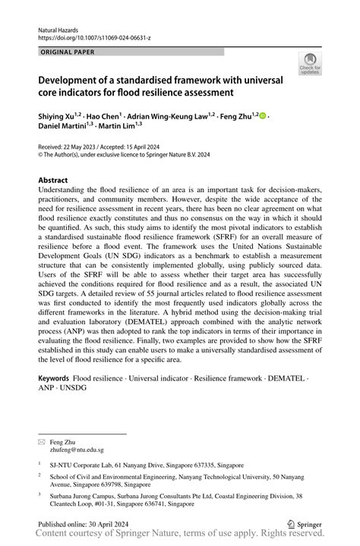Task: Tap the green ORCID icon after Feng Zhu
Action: pyautogui.click(x=263, y=115)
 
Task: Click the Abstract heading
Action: pyautogui.click(x=58, y=181)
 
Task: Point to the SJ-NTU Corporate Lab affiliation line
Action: pyautogui.click(x=137, y=443)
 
